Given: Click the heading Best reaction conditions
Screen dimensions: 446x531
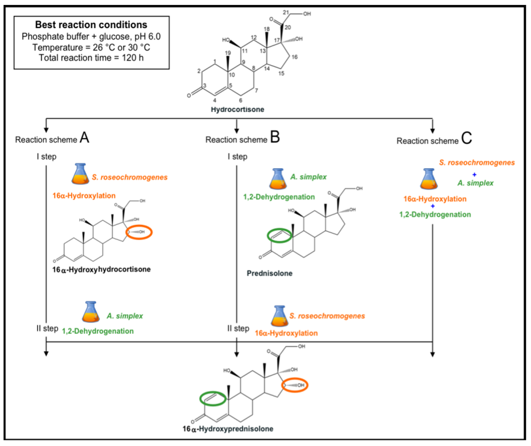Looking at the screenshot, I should click(x=91, y=25).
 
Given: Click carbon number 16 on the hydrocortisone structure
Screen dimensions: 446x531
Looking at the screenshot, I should click(x=295, y=57).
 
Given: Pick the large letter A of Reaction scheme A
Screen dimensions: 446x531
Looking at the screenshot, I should click(x=85, y=138).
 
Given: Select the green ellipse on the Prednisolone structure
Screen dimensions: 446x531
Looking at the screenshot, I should click(x=279, y=236).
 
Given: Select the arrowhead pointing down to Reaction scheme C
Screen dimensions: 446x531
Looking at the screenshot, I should click(x=432, y=131).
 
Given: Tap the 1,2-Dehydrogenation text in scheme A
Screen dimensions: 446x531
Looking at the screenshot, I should click(x=98, y=331).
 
